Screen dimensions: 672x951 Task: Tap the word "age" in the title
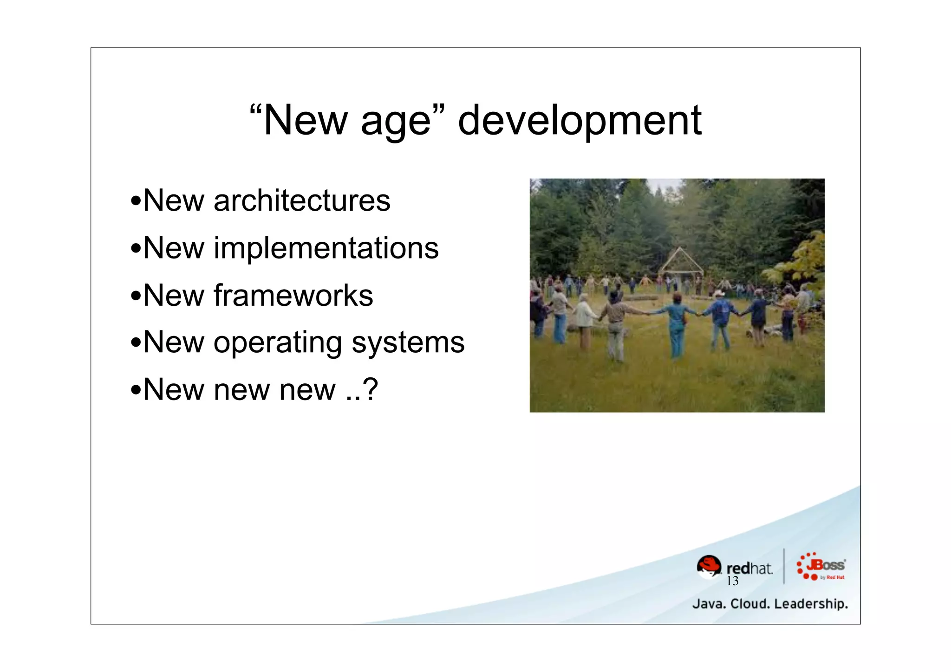[x=396, y=122]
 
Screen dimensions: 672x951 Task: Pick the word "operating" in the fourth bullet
[x=277, y=343]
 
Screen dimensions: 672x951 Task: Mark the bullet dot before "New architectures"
[x=136, y=201]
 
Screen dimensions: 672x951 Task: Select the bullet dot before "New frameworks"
[x=136, y=296]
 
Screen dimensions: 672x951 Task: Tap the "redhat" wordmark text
[x=749, y=568]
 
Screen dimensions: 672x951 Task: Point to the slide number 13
[x=732, y=581]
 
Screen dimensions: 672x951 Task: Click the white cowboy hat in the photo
[x=718, y=293]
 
